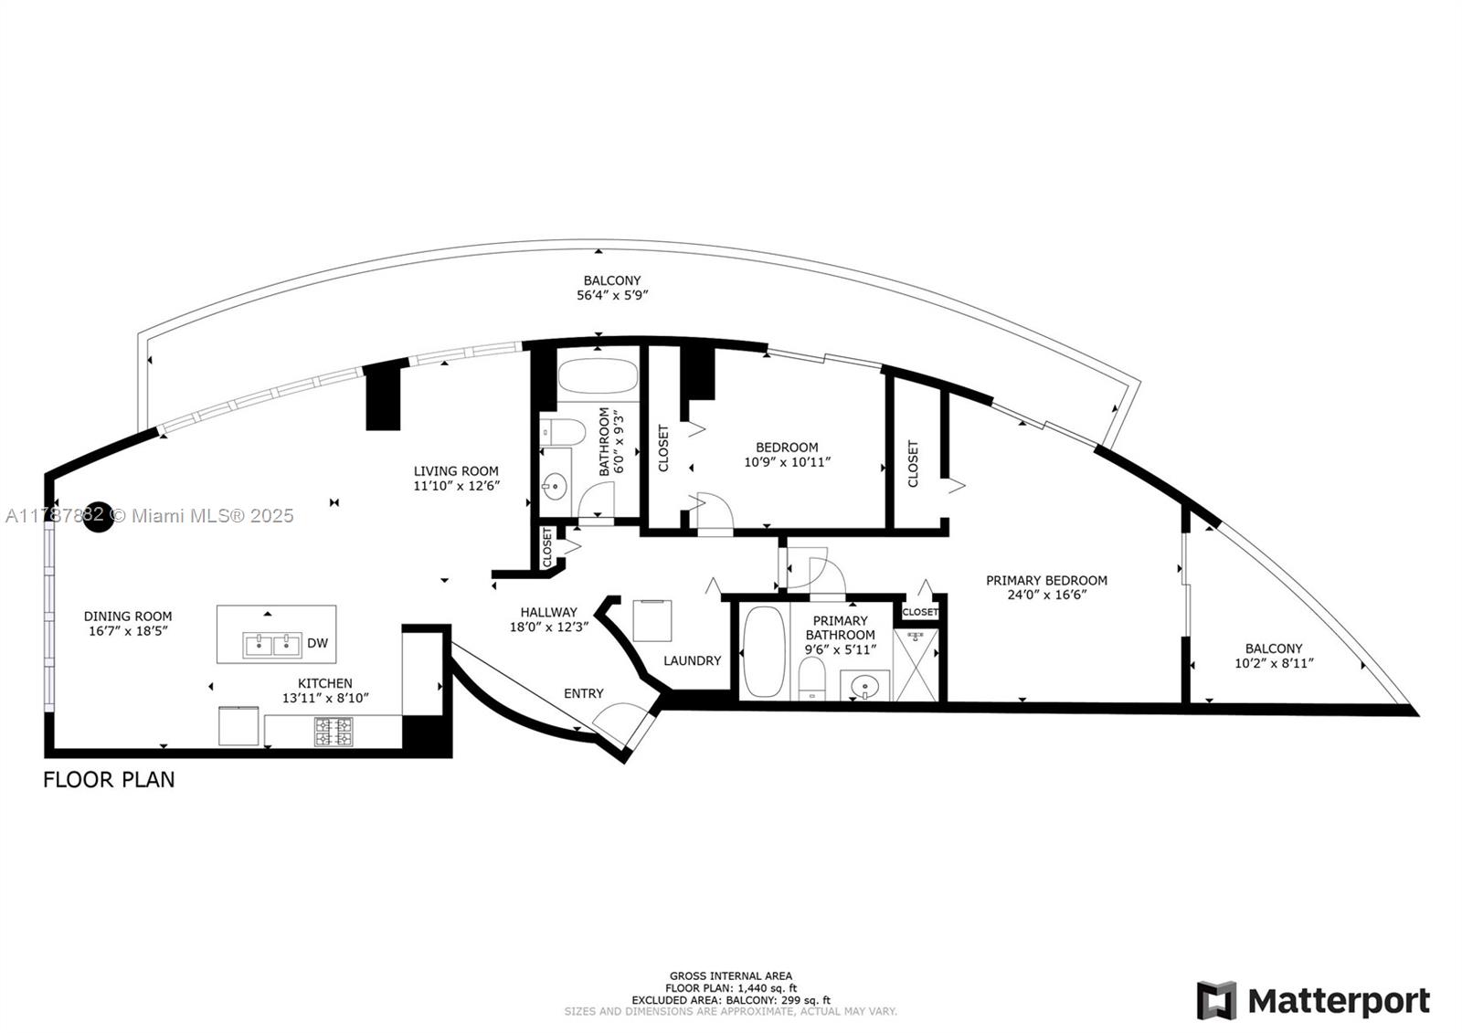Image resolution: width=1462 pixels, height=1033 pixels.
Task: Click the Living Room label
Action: pos(455,471)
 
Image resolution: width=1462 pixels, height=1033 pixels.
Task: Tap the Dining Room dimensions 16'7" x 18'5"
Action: pos(128,631)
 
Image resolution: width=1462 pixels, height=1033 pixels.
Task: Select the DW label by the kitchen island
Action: pos(317,643)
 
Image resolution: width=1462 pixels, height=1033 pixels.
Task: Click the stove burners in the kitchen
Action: pos(334,731)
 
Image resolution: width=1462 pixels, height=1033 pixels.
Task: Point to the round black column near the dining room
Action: pos(98,516)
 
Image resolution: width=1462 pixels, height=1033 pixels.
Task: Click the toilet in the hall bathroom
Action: pos(560,432)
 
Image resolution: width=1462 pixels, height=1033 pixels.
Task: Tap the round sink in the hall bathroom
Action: pos(555,485)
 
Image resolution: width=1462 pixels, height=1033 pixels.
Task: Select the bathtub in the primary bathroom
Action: pos(762,652)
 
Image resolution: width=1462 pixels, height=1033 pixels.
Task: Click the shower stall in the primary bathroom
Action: pos(915,664)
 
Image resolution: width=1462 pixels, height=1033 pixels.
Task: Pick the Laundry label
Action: pos(692,660)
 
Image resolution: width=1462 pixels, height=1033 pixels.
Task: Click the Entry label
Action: pos(583,693)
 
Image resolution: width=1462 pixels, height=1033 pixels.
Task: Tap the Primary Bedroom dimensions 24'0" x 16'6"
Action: pos(1046,595)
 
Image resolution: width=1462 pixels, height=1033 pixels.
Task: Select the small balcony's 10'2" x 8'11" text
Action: pos(1274,664)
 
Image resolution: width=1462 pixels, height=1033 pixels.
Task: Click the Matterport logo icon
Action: pos(1216,1001)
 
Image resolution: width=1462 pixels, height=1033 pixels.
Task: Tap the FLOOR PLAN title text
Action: pos(109,779)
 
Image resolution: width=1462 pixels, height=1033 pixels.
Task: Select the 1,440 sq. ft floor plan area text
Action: pos(731,988)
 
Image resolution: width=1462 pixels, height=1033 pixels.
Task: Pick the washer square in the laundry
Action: pos(652,621)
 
